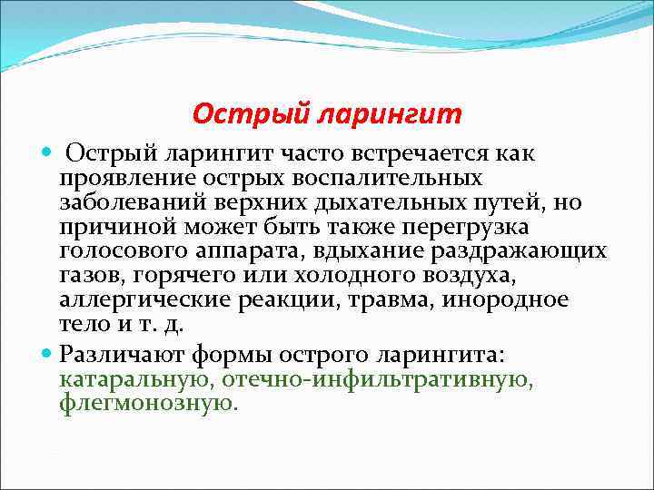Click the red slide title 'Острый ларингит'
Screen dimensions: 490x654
(x=327, y=114)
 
